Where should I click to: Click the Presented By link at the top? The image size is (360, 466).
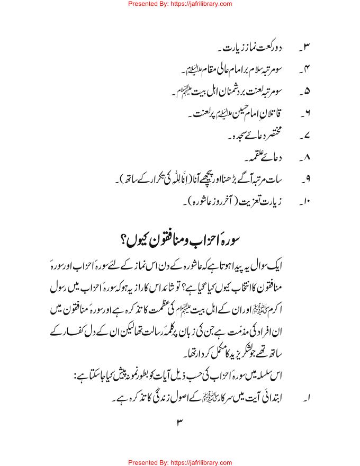point(180,4)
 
